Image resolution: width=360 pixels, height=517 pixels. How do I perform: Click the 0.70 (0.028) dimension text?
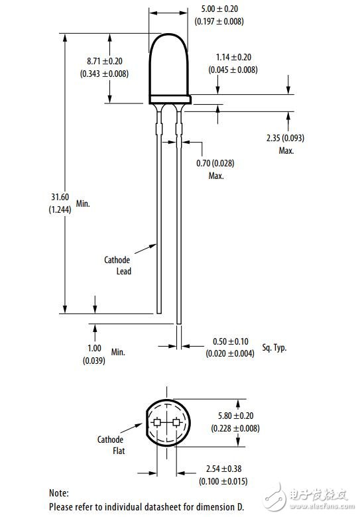pyautogui.click(x=215, y=164)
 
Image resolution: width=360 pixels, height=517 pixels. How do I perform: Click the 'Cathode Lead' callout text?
pyautogui.click(x=117, y=266)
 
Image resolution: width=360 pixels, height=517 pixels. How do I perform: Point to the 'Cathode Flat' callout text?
pyautogui.click(x=111, y=445)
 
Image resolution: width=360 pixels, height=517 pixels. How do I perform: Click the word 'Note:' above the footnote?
pyautogui.click(x=60, y=493)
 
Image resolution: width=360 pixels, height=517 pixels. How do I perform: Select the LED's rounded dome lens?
pyautogui.click(x=170, y=63)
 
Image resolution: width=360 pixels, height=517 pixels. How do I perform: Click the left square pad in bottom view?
pyautogui.click(x=157, y=422)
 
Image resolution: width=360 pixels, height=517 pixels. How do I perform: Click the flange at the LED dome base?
pyautogui.click(x=170, y=99)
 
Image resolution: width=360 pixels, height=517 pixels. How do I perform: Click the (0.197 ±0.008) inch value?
pyautogui.click(x=219, y=22)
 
